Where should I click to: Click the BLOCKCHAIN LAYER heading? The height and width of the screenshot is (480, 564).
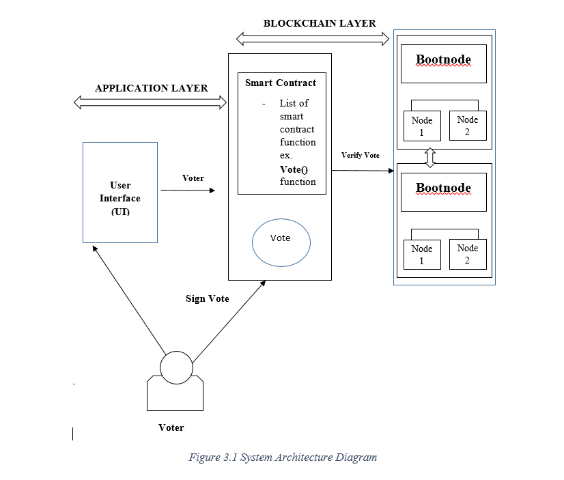(320, 23)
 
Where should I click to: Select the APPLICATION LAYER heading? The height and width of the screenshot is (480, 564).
(151, 88)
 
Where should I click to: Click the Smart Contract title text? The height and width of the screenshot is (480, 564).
(281, 83)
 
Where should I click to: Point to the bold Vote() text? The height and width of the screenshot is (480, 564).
(294, 169)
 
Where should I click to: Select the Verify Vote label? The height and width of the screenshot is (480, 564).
(361, 156)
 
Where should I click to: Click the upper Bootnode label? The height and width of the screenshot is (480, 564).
(443, 60)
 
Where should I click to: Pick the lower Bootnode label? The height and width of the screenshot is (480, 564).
(443, 188)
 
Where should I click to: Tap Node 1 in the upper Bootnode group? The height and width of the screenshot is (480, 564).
(422, 126)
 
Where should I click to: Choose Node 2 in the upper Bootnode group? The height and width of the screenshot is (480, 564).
(468, 126)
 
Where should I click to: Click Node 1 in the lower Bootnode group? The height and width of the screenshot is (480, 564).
(422, 255)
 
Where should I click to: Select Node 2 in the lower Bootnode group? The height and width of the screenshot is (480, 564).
(468, 254)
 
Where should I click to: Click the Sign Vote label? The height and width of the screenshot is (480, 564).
(208, 298)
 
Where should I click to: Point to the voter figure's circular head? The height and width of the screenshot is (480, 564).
(176, 367)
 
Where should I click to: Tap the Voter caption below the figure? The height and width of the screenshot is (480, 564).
(171, 427)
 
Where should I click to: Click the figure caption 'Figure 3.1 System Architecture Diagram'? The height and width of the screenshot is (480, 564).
(283, 457)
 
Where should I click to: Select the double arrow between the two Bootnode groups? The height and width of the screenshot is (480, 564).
(430, 157)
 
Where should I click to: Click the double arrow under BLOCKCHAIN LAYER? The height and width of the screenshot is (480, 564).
(313, 38)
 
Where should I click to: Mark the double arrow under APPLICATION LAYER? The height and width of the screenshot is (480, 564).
(150, 102)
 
